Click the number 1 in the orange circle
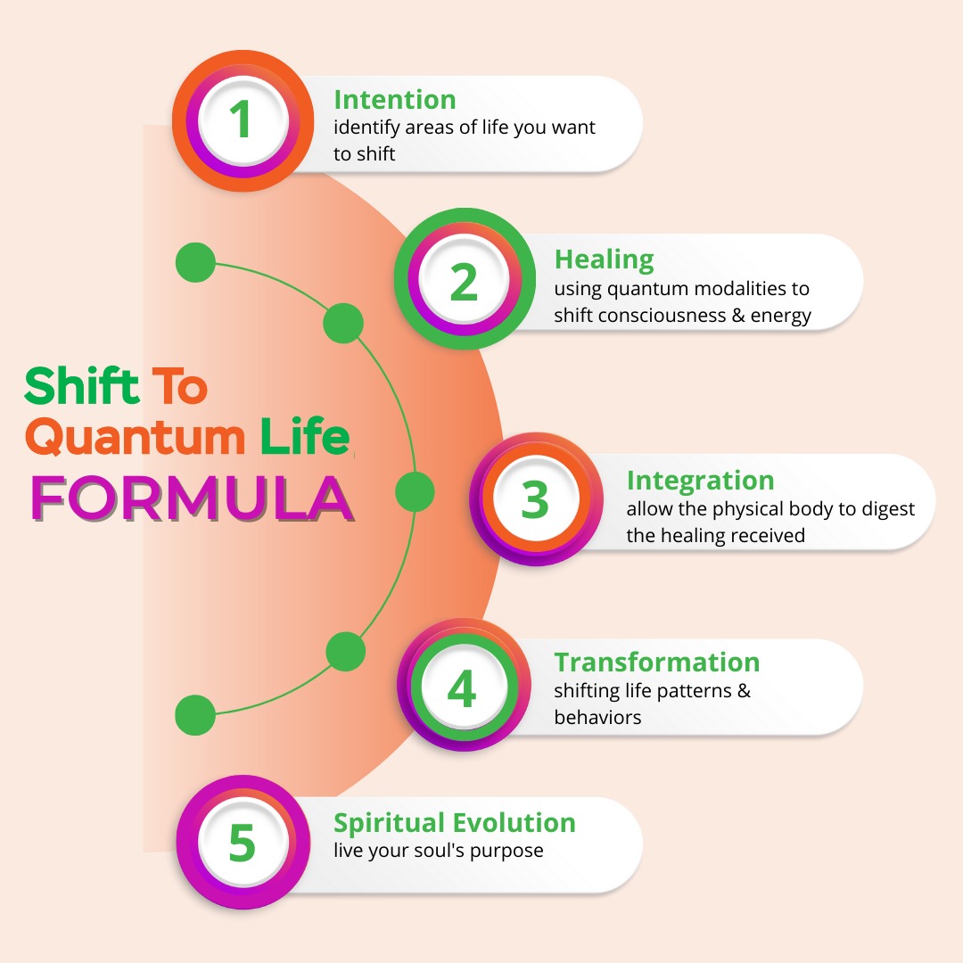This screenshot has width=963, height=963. (242, 120)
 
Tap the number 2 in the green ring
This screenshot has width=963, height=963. (464, 281)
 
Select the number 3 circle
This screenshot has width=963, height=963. (534, 500)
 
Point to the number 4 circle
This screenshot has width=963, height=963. (462, 687)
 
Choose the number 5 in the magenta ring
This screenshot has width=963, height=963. (242, 843)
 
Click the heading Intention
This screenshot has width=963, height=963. (394, 99)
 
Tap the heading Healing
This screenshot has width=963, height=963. (604, 259)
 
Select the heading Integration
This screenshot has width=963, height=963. (700, 481)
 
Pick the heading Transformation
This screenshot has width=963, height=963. (656, 663)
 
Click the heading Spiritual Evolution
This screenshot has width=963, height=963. (454, 822)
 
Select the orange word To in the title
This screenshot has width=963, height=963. (178, 385)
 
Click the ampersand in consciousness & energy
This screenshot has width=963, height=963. (737, 316)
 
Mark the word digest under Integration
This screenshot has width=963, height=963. (885, 509)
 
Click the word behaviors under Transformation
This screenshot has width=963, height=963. (597, 717)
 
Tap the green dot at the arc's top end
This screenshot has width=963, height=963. (195, 262)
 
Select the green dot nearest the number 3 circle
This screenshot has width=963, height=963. (414, 491)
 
